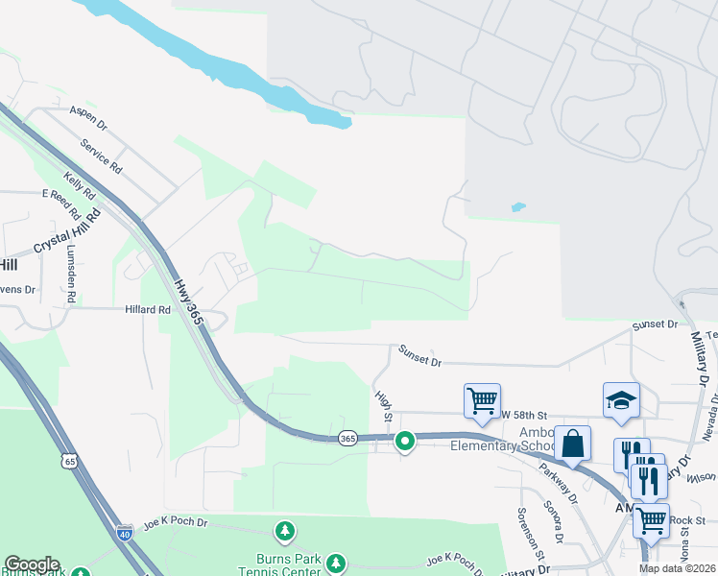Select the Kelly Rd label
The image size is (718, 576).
tap(80, 185)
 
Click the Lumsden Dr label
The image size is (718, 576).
tap(71, 274)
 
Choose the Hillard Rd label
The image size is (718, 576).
tap(147, 310)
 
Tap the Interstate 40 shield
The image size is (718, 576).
tap(124, 531)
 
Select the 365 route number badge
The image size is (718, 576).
tap(347, 439)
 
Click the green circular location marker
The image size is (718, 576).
tap(405, 442)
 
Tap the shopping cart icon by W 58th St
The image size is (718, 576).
tap(482, 399)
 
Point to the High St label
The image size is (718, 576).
tap(383, 405)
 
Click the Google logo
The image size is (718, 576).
tap(32, 565)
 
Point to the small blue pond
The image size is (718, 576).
tap(518, 206)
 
